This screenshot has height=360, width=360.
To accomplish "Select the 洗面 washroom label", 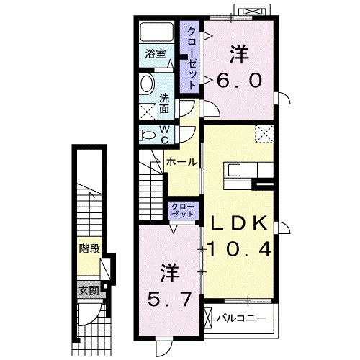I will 164,104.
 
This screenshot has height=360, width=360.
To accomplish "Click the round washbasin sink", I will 148,82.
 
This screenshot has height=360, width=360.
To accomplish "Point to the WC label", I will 164,134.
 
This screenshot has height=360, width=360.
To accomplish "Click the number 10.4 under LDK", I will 240,249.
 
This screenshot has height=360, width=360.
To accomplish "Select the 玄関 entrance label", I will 89,292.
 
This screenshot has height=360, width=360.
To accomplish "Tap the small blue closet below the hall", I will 182,211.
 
